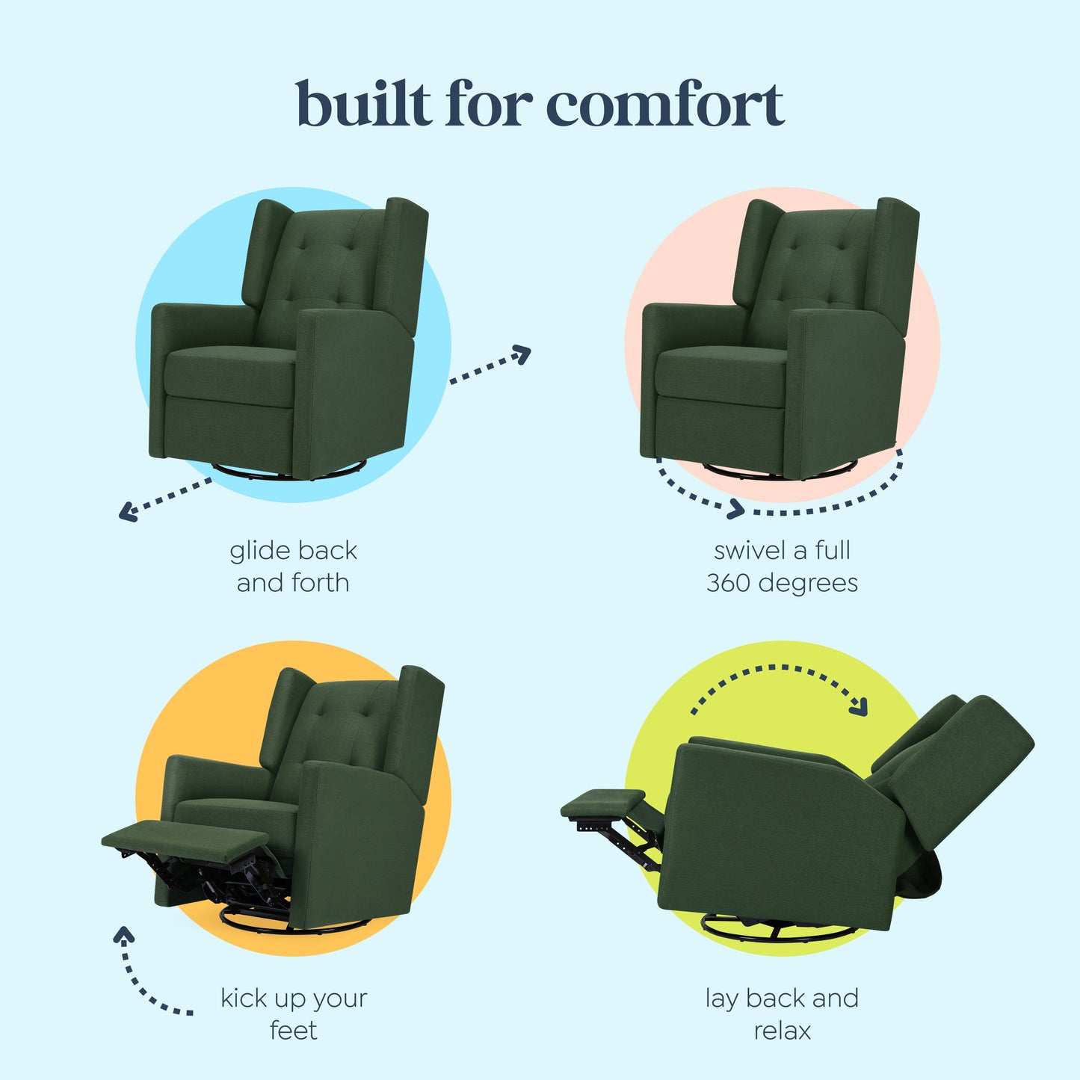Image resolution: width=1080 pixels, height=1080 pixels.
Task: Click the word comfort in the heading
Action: pyautogui.click(x=666, y=105)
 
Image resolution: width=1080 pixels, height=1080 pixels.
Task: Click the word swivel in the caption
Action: pyautogui.click(x=749, y=551)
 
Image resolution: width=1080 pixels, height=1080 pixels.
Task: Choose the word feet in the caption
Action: pyautogui.click(x=293, y=1031)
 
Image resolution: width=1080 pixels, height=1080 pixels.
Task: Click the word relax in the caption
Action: pyautogui.click(x=782, y=1031)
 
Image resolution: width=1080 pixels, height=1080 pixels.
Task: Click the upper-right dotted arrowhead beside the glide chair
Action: pyautogui.click(x=523, y=354)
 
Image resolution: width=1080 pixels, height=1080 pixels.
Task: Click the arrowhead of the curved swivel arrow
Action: pyautogui.click(x=736, y=510)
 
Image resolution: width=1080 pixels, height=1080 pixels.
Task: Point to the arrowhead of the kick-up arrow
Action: pyautogui.click(x=124, y=934)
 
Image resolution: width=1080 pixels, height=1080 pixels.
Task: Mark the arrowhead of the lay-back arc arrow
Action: pyautogui.click(x=860, y=707)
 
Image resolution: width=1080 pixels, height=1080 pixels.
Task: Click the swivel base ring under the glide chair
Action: pyautogui.click(x=288, y=472)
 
